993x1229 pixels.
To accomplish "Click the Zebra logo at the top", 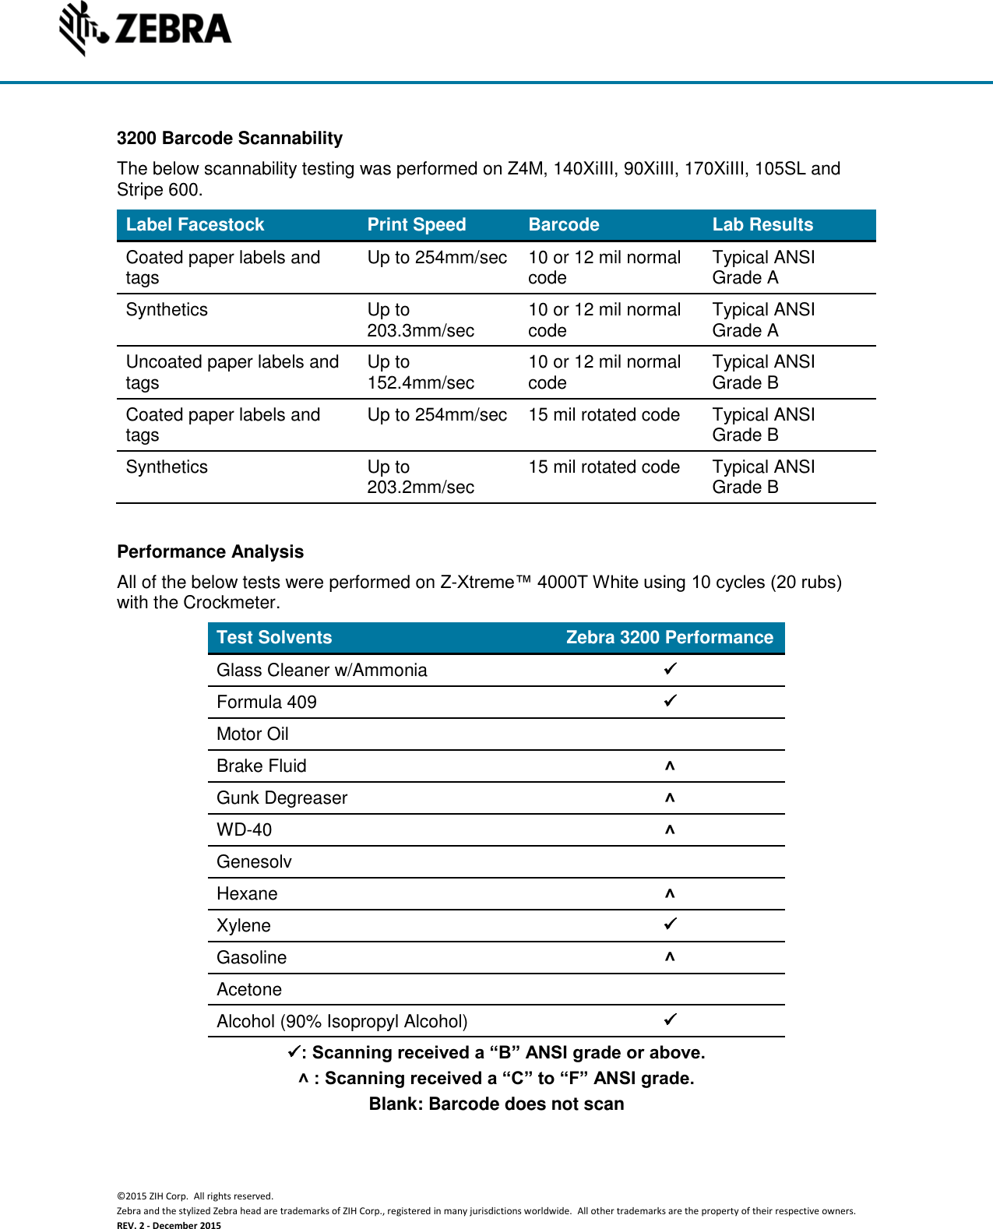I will click(x=146, y=29).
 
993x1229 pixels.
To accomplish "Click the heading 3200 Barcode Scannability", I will click(x=230, y=138).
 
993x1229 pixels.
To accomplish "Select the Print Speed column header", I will click(x=417, y=224).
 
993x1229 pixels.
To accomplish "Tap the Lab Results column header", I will click(x=762, y=224).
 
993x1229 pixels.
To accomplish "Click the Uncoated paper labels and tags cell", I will click(x=232, y=372).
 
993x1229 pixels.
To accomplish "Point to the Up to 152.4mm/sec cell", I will click(x=421, y=372).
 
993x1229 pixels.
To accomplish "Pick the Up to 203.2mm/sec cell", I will click(x=421, y=477).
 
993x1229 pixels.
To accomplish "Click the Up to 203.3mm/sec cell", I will click(x=421, y=320).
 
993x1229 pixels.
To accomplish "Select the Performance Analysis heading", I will click(x=210, y=551).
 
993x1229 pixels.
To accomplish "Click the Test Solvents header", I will click(x=274, y=637).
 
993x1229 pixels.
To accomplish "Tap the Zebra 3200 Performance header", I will click(x=669, y=637).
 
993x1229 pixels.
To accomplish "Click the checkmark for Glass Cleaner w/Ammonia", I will click(x=670, y=669).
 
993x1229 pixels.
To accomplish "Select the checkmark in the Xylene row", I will click(x=670, y=924).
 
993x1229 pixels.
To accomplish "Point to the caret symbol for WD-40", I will click(x=670, y=830).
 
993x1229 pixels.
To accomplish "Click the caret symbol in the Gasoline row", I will click(x=670, y=957).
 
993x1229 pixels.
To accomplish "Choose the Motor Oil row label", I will click(x=252, y=734).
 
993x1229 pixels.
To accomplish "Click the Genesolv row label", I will click(x=254, y=861).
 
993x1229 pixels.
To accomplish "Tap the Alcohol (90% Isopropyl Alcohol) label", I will click(x=342, y=1021).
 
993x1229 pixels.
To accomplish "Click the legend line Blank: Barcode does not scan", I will click(x=496, y=1104).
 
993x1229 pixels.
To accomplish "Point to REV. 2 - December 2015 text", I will click(x=169, y=1225).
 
